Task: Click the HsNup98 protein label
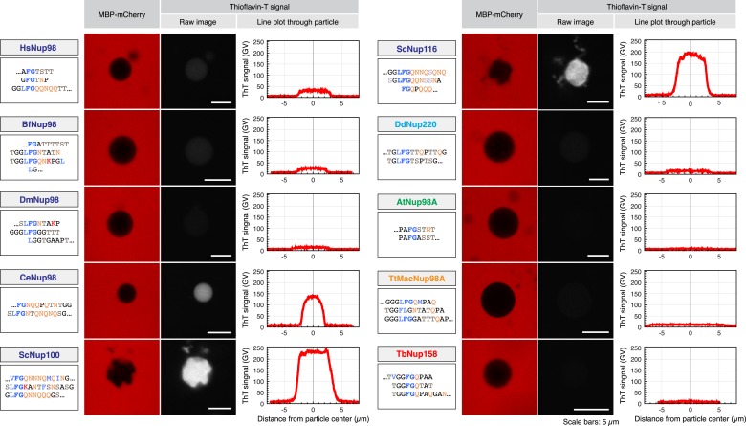click(x=37, y=47)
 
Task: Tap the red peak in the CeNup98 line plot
click(x=313, y=297)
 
